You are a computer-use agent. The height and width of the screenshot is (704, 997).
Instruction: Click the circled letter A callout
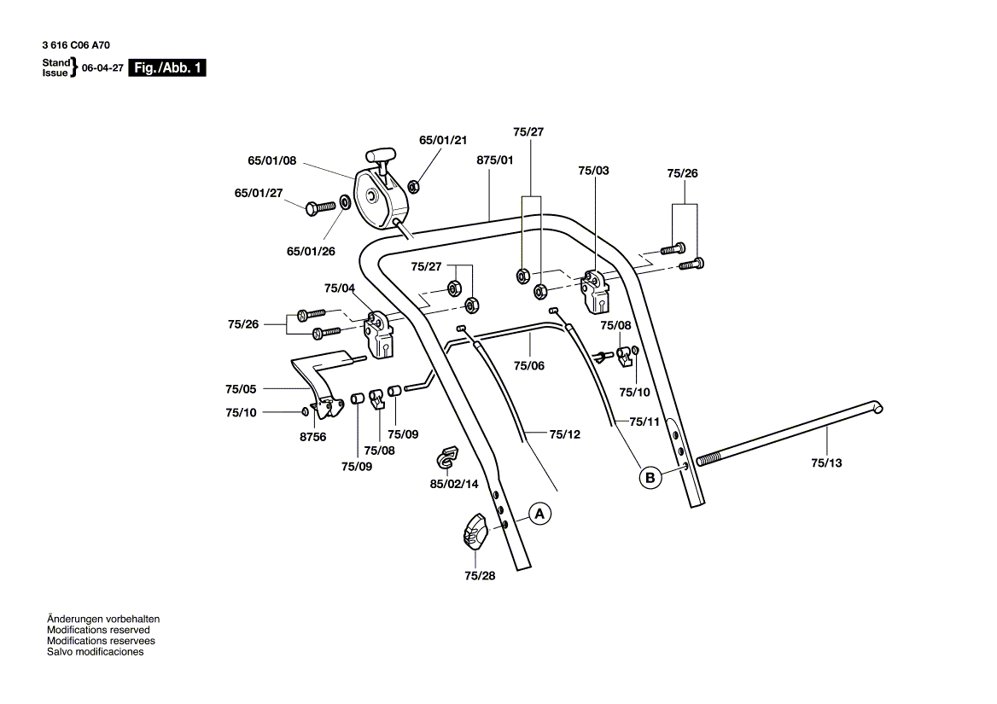[x=539, y=514]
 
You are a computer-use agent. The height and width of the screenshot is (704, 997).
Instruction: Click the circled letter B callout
[x=650, y=478]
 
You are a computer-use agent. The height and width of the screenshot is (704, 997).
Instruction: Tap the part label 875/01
[x=495, y=160]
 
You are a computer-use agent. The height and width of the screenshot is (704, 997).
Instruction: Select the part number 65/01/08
[x=271, y=160]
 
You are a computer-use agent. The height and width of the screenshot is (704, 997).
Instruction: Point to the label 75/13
[x=825, y=463]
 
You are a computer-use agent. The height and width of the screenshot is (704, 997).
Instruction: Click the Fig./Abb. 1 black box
[x=167, y=68]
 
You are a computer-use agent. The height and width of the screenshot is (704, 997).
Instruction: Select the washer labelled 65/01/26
[x=344, y=202]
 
